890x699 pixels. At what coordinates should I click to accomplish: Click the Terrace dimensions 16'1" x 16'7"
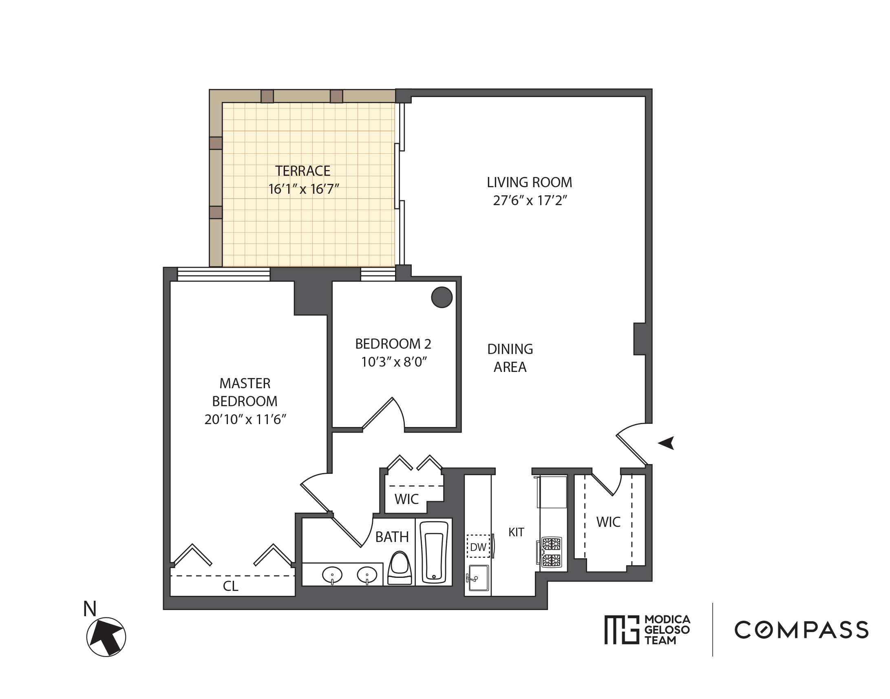click(304, 189)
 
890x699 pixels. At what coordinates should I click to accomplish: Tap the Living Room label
click(529, 182)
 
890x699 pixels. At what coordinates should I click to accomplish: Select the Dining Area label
click(510, 358)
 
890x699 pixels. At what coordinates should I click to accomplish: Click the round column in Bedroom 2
click(442, 297)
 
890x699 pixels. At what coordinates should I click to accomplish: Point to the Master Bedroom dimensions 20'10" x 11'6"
click(245, 420)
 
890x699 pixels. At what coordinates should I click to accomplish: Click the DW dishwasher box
click(478, 547)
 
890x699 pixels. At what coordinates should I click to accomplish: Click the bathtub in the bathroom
click(434, 552)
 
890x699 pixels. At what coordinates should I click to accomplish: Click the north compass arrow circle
click(106, 637)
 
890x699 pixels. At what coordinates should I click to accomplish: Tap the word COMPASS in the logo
click(801, 630)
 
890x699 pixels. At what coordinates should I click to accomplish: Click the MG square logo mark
click(622, 630)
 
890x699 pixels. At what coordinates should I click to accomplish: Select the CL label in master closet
click(230, 586)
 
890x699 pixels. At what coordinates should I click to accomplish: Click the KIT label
click(516, 532)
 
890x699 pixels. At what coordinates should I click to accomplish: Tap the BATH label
click(392, 537)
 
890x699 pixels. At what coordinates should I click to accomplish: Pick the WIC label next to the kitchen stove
click(608, 522)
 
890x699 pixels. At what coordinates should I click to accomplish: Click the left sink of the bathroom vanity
click(332, 575)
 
